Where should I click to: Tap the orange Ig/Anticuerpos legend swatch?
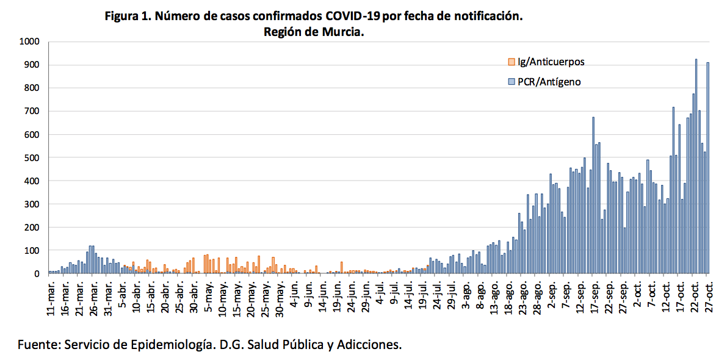pos(512,62)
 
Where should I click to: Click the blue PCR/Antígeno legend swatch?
pos(512,81)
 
